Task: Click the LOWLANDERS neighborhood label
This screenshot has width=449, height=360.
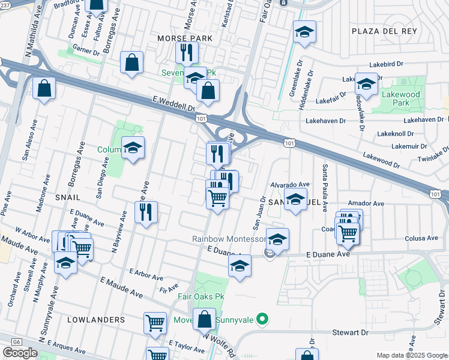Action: tap(97, 320)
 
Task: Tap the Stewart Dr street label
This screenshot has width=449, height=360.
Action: tap(346, 332)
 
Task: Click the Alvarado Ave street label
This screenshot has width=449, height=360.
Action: tap(289, 185)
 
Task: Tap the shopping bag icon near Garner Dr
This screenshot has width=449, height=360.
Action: tap(131, 62)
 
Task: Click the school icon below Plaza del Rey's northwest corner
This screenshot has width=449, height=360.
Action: tap(305, 31)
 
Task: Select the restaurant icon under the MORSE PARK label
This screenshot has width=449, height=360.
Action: tap(187, 52)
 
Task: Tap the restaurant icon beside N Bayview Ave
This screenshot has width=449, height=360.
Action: tap(146, 211)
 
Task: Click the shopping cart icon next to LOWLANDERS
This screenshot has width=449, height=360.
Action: tap(155, 323)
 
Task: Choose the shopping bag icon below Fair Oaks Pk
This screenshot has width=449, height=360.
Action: tap(204, 319)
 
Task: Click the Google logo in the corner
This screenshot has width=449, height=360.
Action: tap(20, 352)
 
